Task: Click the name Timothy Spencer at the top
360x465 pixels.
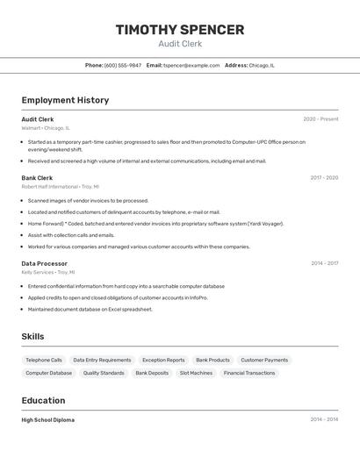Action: [x=180, y=30]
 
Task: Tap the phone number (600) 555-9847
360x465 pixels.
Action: [x=122, y=65]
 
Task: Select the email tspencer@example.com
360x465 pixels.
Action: [x=191, y=65]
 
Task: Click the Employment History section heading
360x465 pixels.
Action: [x=65, y=100]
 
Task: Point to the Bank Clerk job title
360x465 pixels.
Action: [x=37, y=178]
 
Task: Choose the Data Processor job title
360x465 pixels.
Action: [x=44, y=263]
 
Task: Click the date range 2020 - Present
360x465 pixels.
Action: [x=320, y=119]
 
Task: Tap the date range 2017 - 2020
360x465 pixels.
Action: [x=324, y=178]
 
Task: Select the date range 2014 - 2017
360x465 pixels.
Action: [x=324, y=263]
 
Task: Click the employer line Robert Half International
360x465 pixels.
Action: [x=60, y=187]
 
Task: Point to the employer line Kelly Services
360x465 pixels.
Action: [x=48, y=272]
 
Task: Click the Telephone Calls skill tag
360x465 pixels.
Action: [x=44, y=360]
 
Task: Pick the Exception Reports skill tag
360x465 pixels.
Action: [x=163, y=360]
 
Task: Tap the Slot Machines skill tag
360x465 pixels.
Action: [x=196, y=373]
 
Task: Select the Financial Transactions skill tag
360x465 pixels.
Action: [x=249, y=373]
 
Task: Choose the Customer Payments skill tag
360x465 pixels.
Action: [x=264, y=360]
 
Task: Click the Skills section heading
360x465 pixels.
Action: [x=33, y=337]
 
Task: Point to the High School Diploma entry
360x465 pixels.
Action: [x=47, y=420]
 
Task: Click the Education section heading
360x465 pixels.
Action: [x=43, y=400]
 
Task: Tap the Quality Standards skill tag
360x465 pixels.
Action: [x=104, y=373]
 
